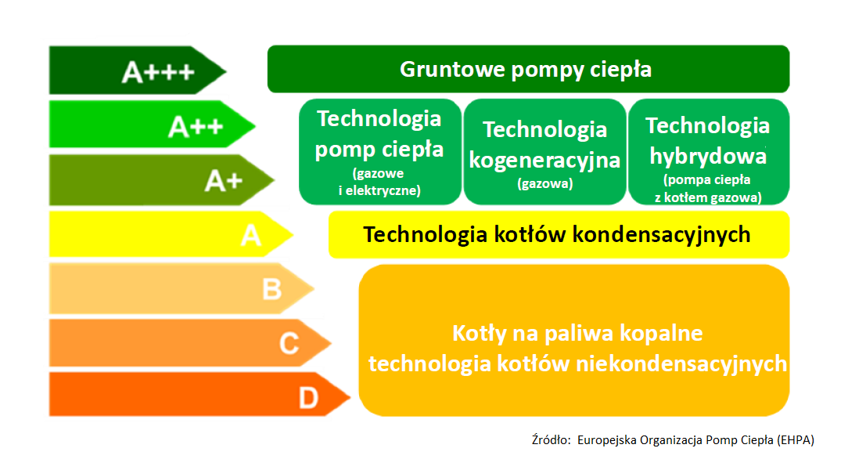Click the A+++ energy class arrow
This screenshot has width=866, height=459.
point(137,71)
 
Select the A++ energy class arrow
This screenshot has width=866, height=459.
point(153,125)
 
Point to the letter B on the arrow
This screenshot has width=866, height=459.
point(271,290)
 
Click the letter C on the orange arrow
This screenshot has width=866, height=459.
point(289,343)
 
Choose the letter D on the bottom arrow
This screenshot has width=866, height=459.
point(309,399)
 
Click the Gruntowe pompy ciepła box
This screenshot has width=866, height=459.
point(528,70)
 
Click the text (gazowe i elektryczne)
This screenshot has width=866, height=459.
point(379,182)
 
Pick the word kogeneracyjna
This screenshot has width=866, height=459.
point(544,160)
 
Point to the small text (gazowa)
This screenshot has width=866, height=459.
point(544,185)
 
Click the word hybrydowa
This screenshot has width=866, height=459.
point(707,156)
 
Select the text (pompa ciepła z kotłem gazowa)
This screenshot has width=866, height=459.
point(707,189)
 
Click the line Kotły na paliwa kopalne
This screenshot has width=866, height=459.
point(577,334)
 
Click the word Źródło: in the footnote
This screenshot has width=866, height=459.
point(551,439)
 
